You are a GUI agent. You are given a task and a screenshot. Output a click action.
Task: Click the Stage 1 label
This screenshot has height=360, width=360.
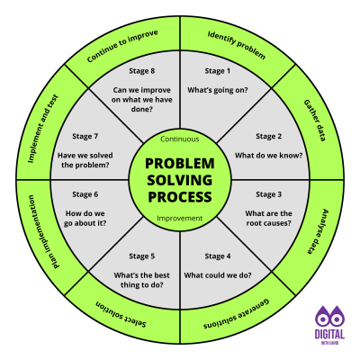tap(217, 70)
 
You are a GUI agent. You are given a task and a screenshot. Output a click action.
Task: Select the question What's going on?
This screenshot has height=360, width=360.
tap(217, 90)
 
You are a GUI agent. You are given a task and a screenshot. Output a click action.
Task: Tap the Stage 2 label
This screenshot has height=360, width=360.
tap(268, 136)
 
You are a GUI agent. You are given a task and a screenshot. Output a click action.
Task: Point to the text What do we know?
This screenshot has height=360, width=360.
tap(268, 155)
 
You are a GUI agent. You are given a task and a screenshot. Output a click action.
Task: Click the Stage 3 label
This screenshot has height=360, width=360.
tap(268, 194)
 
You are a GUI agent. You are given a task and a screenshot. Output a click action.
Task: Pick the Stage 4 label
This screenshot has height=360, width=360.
tap(217, 256)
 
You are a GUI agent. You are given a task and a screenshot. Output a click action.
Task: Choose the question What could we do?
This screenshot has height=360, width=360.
tap(217, 274)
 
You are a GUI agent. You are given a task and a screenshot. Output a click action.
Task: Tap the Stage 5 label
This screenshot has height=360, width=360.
tap(141, 256)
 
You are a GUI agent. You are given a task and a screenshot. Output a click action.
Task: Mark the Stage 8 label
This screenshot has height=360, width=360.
tap(141, 70)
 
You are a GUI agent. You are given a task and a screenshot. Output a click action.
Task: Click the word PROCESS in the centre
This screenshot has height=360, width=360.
tap(180, 196)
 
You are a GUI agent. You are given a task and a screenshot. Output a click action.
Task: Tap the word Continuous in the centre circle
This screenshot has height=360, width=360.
tap(180, 140)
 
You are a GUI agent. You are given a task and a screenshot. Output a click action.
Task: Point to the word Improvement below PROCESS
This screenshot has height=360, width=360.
tap(180, 219)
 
